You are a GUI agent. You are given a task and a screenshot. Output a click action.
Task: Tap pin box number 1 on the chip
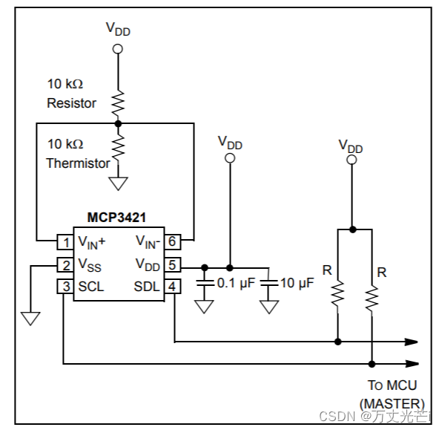[65, 241]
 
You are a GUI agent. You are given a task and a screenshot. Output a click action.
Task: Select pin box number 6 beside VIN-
[172, 241]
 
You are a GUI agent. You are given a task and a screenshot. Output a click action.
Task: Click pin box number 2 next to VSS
[65, 264]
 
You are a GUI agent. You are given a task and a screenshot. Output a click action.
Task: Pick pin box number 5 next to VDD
[172, 264]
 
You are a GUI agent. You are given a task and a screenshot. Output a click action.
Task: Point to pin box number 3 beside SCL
[65, 287]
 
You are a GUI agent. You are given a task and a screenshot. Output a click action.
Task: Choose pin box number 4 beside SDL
[172, 287]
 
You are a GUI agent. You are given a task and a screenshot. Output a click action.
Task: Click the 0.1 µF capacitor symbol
[203, 283]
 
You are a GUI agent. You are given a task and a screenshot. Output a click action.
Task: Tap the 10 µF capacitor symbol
[268, 283]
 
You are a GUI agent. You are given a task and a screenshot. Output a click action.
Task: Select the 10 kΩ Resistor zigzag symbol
[117, 99]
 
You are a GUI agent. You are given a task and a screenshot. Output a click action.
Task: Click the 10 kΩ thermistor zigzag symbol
[117, 145]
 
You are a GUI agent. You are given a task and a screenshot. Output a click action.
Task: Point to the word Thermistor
[78, 163]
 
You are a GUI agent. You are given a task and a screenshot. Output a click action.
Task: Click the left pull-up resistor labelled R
[337, 294]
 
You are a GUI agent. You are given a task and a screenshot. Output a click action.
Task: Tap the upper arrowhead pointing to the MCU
[410, 342]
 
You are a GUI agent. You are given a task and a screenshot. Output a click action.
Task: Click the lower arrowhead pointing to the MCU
[410, 364]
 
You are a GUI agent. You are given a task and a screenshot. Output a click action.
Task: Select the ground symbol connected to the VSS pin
[30, 318]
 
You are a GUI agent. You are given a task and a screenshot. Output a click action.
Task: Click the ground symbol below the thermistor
[117, 183]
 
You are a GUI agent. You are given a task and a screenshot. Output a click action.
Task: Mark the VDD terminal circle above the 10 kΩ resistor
[117, 49]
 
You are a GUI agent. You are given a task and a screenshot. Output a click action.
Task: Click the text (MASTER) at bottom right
[392, 403]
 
